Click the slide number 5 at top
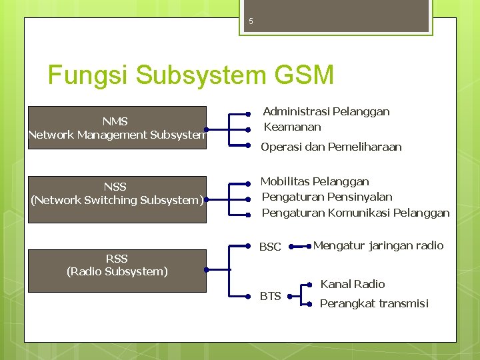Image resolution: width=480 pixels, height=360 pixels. click(x=251, y=21)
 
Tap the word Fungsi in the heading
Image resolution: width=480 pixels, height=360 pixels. click(x=88, y=75)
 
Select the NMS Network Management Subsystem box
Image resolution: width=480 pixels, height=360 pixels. click(x=116, y=128)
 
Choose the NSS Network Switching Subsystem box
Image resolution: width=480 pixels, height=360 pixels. click(x=116, y=193)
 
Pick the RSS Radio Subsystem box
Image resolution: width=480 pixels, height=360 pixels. click(x=116, y=265)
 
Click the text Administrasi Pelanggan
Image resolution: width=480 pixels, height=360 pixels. click(x=326, y=111)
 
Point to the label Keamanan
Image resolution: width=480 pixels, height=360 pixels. click(x=292, y=127)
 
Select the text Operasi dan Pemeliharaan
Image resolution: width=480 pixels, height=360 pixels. click(x=331, y=147)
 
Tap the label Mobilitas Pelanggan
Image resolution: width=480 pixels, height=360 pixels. click(x=315, y=181)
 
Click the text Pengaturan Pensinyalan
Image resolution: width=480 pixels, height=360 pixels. click(x=327, y=197)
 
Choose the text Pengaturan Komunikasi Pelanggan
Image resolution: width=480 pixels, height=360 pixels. click(x=355, y=213)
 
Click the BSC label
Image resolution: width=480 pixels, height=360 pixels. click(x=270, y=247)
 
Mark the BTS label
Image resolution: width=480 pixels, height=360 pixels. click(x=270, y=296)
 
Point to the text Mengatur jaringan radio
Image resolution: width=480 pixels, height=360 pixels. click(x=378, y=245)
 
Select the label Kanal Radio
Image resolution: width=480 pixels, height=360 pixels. click(x=353, y=284)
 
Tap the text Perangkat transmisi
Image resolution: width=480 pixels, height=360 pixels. click(x=374, y=303)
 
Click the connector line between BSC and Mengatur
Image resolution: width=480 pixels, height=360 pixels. click(x=299, y=247)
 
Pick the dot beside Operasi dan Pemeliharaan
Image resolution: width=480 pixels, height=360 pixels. click(x=247, y=145)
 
